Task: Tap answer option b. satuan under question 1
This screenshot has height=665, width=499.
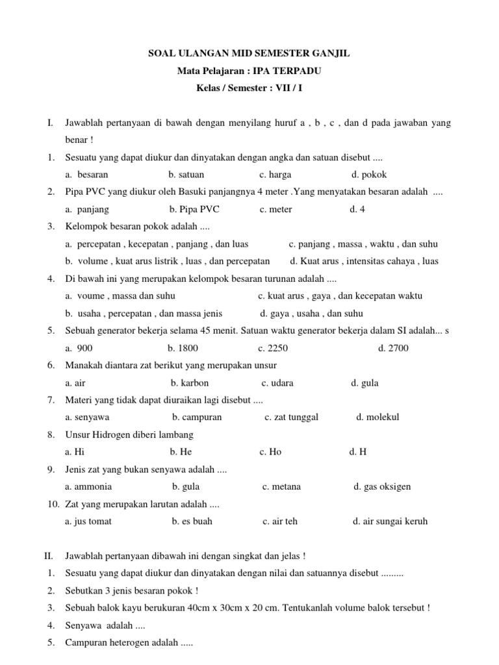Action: [186, 175]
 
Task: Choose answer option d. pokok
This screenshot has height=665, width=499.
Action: [369, 175]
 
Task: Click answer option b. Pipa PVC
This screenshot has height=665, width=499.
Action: [195, 209]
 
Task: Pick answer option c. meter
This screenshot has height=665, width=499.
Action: [275, 209]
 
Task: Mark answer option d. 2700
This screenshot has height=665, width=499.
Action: [393, 348]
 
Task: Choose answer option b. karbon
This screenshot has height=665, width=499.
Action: [190, 383]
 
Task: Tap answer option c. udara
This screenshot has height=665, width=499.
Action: [277, 383]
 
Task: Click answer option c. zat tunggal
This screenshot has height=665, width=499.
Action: [291, 417]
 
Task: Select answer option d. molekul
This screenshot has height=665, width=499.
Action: [377, 417]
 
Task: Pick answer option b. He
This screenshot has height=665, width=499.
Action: [181, 452]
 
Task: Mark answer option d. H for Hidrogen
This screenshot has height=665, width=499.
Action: [358, 452]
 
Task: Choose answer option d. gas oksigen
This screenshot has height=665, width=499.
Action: [382, 486]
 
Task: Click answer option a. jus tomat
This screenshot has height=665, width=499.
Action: [88, 521]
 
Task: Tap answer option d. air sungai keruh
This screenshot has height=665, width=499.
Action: [390, 521]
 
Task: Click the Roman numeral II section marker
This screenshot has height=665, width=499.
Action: [47, 556]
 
